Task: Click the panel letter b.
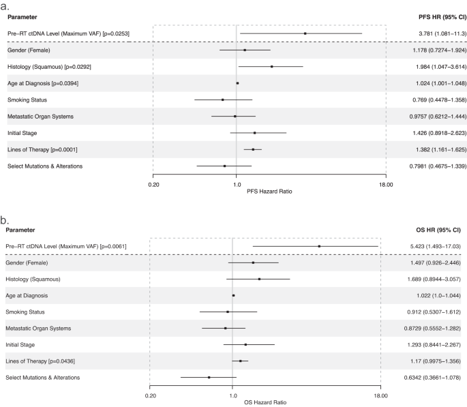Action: click(x=5, y=220)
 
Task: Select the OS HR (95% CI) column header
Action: click(x=436, y=230)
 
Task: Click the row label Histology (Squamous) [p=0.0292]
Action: click(x=48, y=67)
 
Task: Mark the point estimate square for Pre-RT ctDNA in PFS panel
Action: click(x=305, y=33)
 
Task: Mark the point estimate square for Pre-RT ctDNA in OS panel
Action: click(x=319, y=246)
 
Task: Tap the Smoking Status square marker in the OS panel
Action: click(x=228, y=312)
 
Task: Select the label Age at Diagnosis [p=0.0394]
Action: click(x=42, y=83)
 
